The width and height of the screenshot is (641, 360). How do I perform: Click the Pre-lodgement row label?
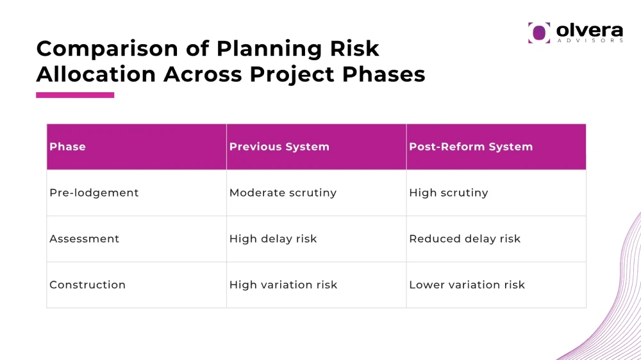[94, 193]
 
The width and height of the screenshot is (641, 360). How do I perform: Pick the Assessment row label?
[84, 239]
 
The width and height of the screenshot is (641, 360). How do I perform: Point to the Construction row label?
[87, 285]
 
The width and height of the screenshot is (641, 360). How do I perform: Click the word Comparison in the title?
[108, 49]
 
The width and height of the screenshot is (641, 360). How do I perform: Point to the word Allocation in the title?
[96, 74]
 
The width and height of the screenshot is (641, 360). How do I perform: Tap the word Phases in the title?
[383, 75]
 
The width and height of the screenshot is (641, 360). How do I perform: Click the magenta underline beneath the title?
[75, 95]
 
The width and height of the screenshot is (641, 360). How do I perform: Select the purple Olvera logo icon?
[539, 33]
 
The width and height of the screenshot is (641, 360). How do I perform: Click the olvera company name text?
[590, 30]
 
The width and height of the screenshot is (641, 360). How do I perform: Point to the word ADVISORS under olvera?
[590, 40]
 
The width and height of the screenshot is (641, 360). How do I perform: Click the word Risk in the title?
[354, 49]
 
